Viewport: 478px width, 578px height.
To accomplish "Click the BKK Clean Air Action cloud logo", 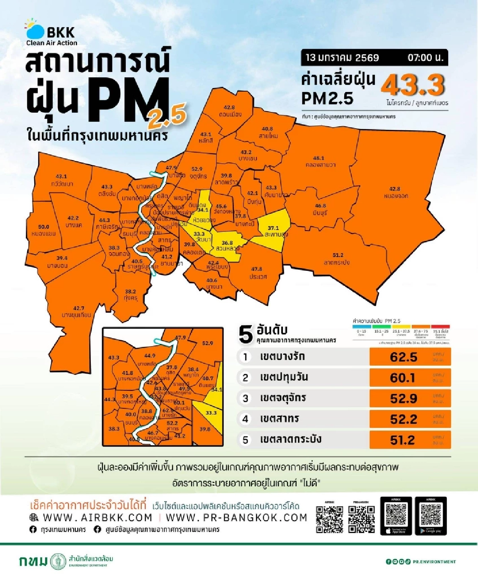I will point(35,30).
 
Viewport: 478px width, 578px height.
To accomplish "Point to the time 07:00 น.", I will point(425,58).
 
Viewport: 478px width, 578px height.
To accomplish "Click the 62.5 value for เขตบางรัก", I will point(403,357).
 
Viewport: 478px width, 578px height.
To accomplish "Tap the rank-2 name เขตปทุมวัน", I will point(284,377).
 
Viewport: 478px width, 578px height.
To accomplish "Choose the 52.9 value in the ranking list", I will point(403,398).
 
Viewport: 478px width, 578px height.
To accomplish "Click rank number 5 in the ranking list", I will point(245,440).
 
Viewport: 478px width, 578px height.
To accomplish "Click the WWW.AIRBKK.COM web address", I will point(97,517).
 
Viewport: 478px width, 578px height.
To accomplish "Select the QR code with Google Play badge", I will point(431,515).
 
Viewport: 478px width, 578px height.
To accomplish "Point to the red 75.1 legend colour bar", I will point(441,327).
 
